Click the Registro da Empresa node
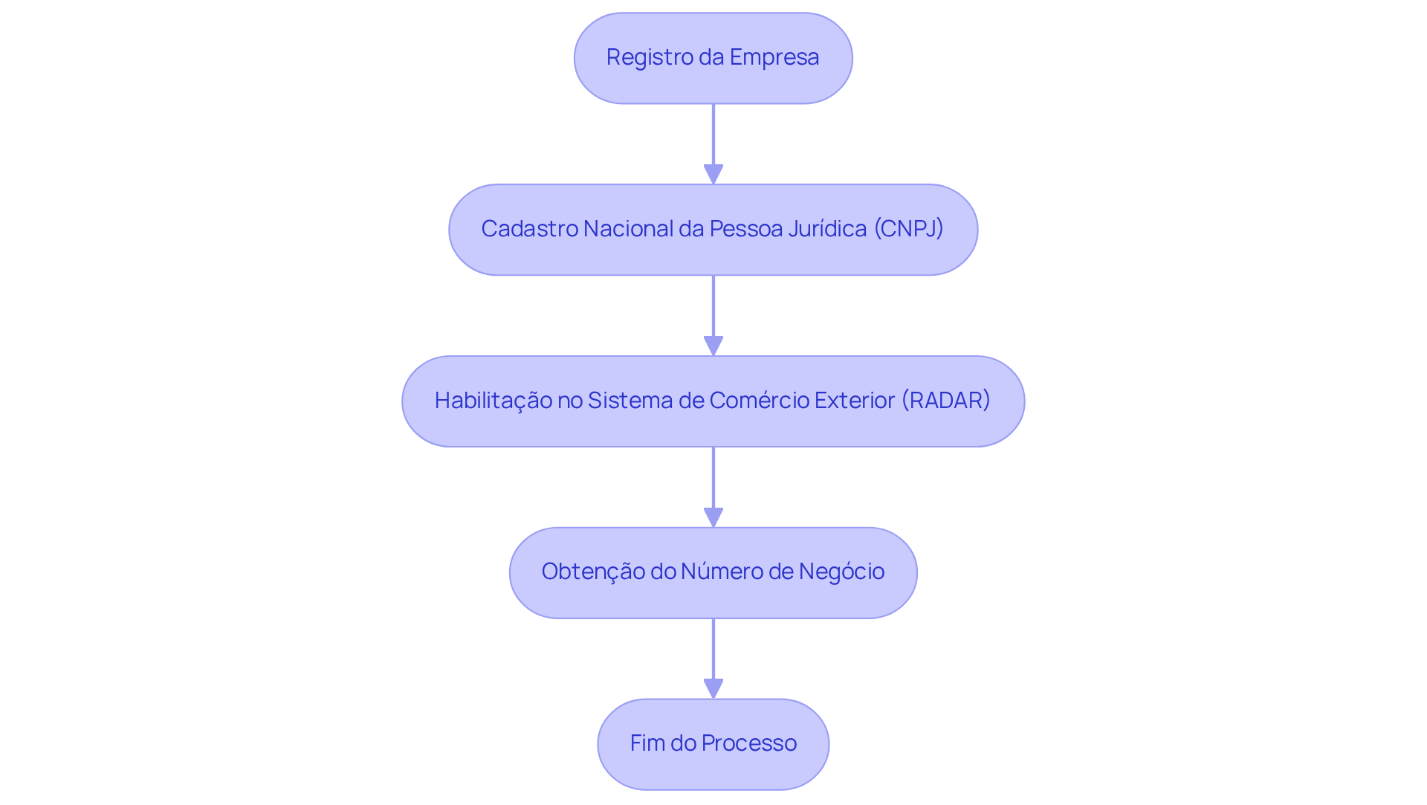713,58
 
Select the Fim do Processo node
713,743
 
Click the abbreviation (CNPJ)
908,229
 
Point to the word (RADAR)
945,401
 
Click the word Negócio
841,572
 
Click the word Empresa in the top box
774,57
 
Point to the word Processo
748,743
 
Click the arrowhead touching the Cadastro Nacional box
713,175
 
